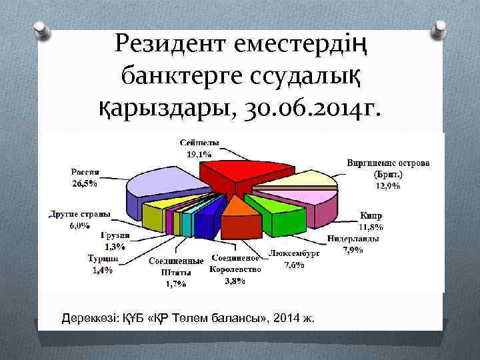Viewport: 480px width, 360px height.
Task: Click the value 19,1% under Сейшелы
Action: click(x=198, y=153)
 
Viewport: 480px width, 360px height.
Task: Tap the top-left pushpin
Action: click(x=40, y=28)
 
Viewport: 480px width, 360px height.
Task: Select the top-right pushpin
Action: click(x=440, y=28)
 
